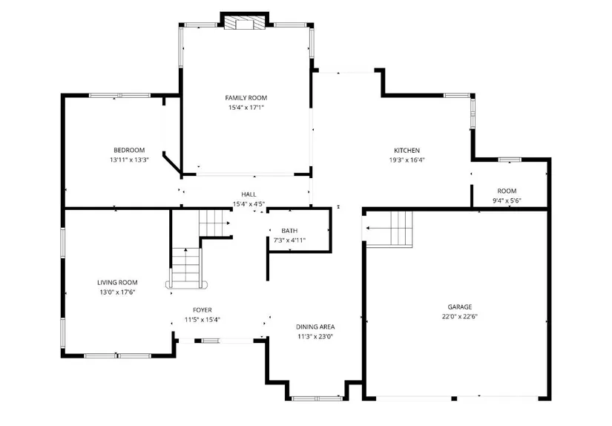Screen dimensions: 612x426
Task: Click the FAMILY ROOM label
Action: [x=246, y=98]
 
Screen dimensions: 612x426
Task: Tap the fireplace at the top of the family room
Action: [x=245, y=22]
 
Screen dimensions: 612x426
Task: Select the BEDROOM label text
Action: [x=129, y=150]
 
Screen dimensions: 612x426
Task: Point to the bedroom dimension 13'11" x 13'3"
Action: [x=129, y=160]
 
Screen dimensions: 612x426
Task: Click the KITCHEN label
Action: [x=407, y=151]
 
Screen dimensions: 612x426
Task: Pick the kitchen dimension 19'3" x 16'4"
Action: [x=407, y=160]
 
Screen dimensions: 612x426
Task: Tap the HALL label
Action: [x=249, y=194]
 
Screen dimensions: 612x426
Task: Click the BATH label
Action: [x=289, y=231]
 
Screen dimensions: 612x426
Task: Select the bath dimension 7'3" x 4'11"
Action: [x=289, y=240]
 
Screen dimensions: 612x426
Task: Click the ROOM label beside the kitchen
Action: [x=507, y=191]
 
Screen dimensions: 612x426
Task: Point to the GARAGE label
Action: [x=460, y=307]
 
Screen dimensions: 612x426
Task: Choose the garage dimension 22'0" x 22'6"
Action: [x=460, y=317]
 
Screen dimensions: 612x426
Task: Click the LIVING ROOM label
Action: [x=117, y=282]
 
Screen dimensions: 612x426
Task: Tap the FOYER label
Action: [x=203, y=310]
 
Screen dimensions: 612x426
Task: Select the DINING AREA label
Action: [x=315, y=327]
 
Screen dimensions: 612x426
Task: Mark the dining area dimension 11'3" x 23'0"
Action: [x=315, y=337]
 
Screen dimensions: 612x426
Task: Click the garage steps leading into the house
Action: [x=389, y=229]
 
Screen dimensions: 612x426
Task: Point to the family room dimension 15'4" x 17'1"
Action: [x=246, y=108]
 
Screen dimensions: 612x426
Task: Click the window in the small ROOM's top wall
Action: [x=510, y=160]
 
